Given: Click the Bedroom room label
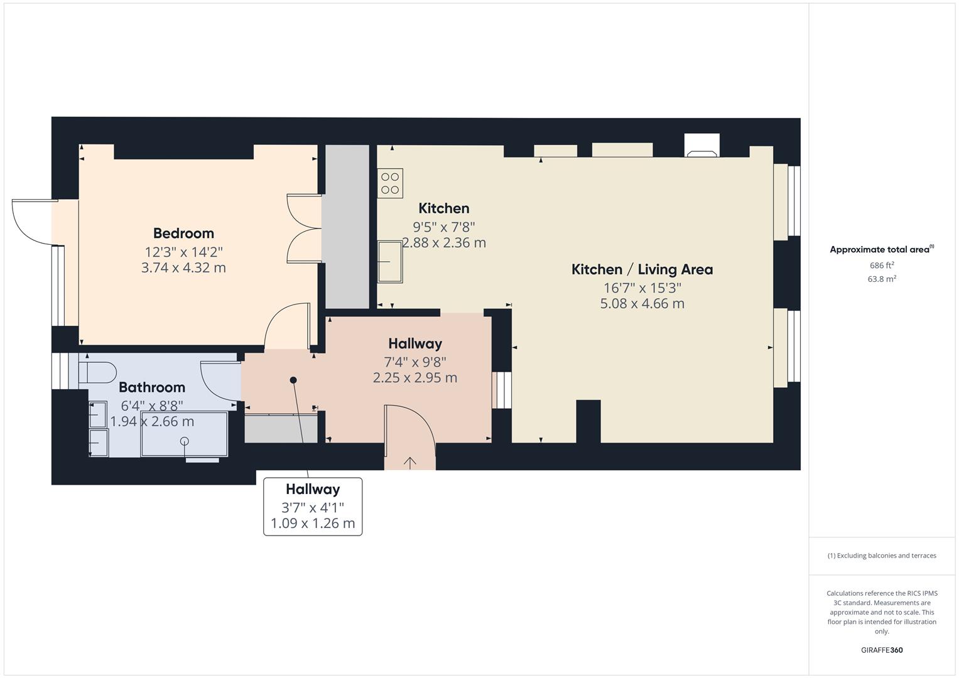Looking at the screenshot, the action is click(183, 234).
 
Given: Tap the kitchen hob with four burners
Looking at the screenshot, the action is click(390, 183).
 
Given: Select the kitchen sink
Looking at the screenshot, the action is click(390, 262).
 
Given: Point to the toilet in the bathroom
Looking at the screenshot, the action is click(97, 372).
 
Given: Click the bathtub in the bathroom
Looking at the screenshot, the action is click(184, 434).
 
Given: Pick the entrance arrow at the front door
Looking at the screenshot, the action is click(409, 463).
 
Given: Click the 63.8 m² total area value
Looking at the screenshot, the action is click(882, 279).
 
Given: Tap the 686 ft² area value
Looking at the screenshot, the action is click(882, 266).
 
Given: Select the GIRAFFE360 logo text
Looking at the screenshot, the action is click(882, 650).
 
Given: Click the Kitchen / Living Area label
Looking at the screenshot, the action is click(642, 270).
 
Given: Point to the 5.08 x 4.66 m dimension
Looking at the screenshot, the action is click(642, 303).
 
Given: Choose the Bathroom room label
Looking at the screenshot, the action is click(152, 387).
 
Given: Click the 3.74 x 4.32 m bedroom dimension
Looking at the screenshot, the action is click(183, 268).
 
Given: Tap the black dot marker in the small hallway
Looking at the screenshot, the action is click(293, 380).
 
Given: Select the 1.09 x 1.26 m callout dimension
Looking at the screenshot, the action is click(313, 523).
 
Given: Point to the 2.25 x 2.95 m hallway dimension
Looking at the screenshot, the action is click(415, 378).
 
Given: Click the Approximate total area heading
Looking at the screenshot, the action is click(882, 250).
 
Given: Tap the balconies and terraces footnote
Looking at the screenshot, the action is click(882, 556).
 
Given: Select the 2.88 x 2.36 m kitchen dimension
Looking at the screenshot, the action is click(444, 243).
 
